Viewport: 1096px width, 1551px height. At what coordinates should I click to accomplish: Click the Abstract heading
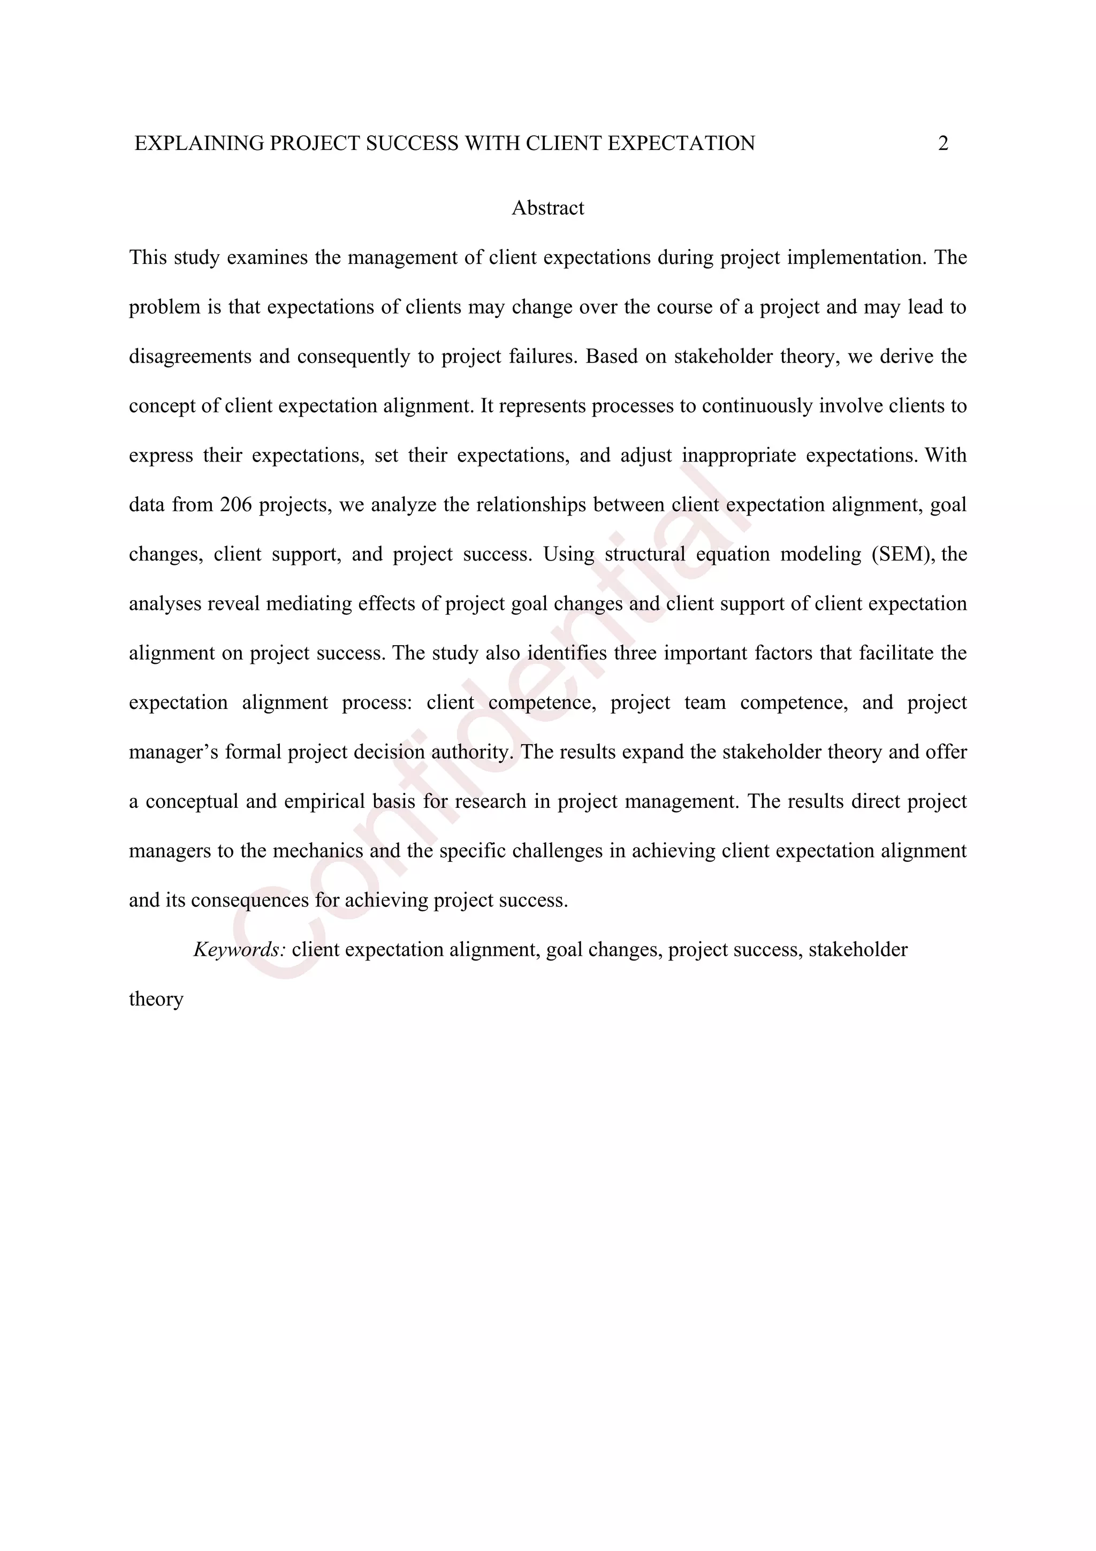pos(547,208)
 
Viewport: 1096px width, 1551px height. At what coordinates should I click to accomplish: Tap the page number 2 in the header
pos(943,143)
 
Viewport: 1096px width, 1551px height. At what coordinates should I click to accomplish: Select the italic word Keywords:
pos(240,950)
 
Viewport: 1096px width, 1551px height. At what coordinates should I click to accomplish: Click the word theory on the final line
pos(156,999)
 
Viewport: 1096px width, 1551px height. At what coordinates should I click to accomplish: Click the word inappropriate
pos(739,455)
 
